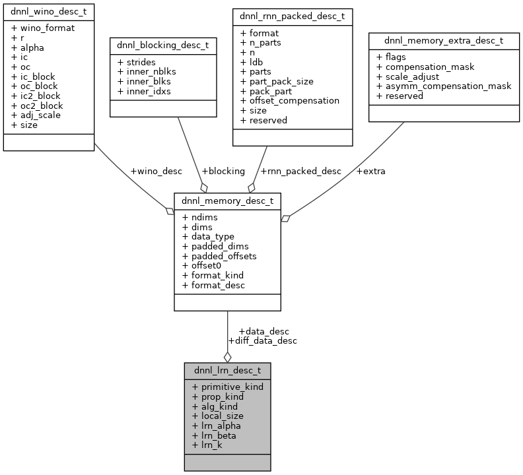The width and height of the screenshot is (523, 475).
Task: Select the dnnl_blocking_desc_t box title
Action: (153, 46)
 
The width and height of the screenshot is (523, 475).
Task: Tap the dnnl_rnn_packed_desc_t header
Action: (291, 16)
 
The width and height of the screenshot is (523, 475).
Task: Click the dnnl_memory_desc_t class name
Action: (227, 201)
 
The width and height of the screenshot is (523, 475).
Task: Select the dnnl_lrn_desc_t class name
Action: (227, 370)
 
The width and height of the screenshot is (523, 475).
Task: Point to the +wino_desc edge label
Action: (156, 171)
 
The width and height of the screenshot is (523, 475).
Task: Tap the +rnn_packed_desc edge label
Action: (301, 171)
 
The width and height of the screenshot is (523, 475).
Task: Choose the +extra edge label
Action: (370, 171)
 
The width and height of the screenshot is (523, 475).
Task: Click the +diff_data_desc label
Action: (262, 340)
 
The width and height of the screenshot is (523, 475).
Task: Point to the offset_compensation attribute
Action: (290, 101)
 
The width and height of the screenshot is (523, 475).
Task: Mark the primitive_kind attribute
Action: (228, 387)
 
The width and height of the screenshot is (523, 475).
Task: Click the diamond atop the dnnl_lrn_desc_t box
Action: (227, 357)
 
